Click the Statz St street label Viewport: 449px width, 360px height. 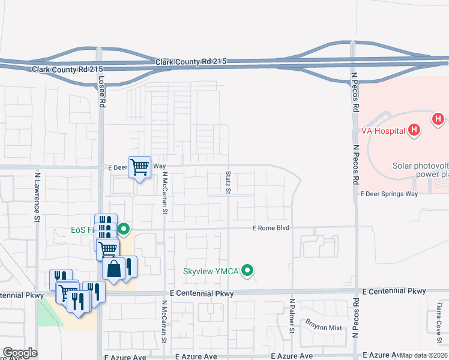tap(228, 182)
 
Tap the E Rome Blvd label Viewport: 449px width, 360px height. tap(271, 228)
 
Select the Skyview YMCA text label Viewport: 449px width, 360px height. tap(211, 271)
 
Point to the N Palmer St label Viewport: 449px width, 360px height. tap(292, 316)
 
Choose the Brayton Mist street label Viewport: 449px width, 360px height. tap(323, 328)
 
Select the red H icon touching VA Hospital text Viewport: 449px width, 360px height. tap(413, 130)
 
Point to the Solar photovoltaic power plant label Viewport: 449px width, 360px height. tap(420, 170)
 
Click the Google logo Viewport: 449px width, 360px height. tap(20, 353)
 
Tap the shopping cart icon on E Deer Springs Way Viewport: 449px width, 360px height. tap(140, 167)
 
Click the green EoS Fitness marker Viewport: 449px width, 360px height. tap(124, 229)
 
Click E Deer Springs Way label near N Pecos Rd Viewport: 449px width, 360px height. tap(388, 194)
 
